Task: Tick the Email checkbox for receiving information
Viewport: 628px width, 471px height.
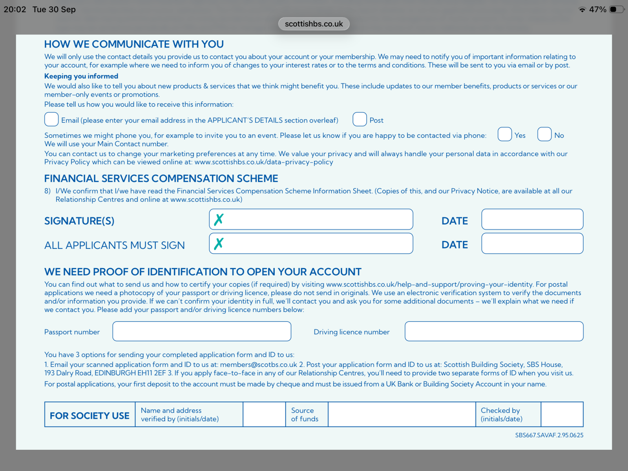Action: (x=51, y=119)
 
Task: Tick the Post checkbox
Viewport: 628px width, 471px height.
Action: (x=360, y=119)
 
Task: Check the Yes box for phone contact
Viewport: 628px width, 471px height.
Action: (x=505, y=134)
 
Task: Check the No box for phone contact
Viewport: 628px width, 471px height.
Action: (x=544, y=134)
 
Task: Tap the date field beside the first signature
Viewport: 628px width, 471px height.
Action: (x=532, y=219)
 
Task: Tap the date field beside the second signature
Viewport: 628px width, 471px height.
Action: (x=532, y=244)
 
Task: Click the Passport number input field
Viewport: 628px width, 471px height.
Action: (x=202, y=332)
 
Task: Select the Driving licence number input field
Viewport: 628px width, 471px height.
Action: (x=494, y=332)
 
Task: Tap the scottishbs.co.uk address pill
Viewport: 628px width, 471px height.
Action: (x=314, y=24)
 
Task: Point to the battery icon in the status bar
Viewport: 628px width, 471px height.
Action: (x=617, y=9)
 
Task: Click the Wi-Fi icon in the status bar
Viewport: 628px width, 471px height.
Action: (x=582, y=9)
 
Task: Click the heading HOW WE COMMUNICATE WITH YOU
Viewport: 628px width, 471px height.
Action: (x=134, y=44)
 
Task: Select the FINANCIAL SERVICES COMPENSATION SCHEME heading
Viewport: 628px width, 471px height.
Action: (x=161, y=179)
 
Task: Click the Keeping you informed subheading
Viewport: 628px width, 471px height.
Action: (x=81, y=76)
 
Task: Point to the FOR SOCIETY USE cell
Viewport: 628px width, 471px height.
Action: (x=89, y=415)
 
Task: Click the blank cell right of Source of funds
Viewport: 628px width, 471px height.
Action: (x=402, y=414)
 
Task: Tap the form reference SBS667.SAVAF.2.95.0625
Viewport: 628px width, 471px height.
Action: (x=549, y=435)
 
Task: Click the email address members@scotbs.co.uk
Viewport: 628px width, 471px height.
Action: (x=259, y=365)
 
